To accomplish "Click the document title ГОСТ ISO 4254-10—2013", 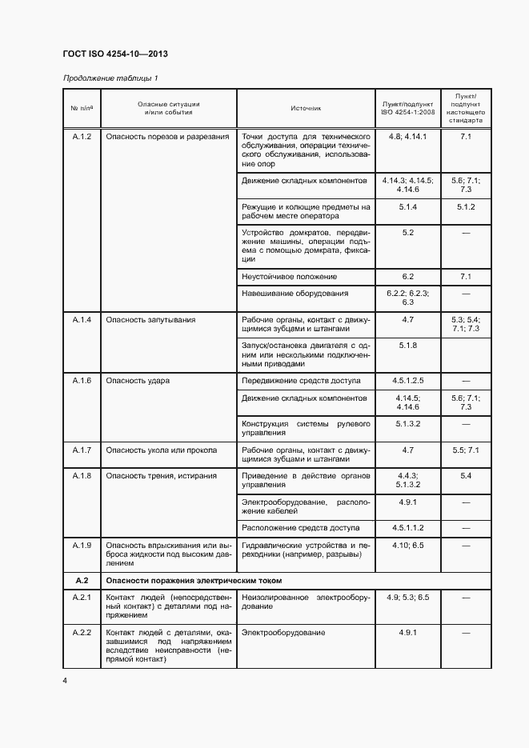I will tap(114, 55).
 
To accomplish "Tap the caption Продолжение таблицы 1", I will tap(110, 78).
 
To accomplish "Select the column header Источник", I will tap(306, 109).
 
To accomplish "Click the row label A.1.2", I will tap(82, 137).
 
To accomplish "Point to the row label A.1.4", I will tap(82, 319).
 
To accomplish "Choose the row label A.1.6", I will tap(82, 380).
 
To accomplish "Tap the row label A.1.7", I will tap(82, 450).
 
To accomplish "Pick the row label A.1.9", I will tap(82, 545).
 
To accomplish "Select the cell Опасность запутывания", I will tap(150, 319).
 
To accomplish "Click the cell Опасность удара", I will tap(138, 380).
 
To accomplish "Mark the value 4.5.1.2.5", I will tap(407, 380).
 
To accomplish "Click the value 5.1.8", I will tap(407, 345).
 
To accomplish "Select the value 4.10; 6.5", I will tap(407, 545).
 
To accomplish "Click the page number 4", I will tap(64, 680).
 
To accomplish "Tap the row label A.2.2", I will tap(82, 633).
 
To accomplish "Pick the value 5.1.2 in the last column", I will tap(466, 206).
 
